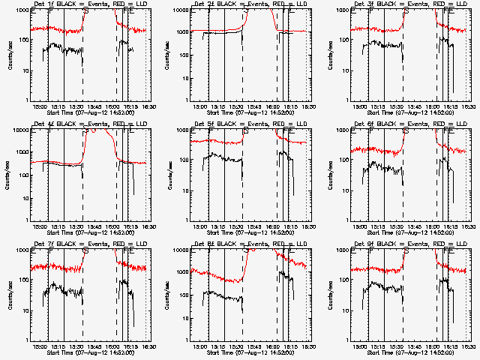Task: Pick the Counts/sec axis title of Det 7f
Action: click(x=9, y=295)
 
